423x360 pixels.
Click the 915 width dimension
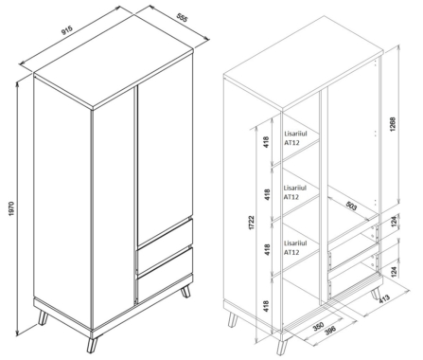tap(67, 30)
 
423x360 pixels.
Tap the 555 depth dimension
tap(182, 18)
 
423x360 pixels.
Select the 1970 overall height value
tap(11, 208)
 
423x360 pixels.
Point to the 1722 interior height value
tap(252, 223)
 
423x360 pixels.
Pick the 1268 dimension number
tap(393, 124)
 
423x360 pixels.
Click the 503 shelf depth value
tap(351, 206)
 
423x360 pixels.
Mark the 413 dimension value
tap(384, 298)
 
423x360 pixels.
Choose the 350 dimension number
tap(319, 326)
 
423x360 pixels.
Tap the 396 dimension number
tap(329, 330)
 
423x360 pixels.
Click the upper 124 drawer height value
tap(393, 221)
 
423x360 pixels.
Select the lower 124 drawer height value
tap(393, 271)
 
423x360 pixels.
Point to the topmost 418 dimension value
tap(266, 142)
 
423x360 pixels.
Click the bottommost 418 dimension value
tap(266, 306)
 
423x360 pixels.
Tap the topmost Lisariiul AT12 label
tap(295, 137)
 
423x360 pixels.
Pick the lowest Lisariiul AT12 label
tap(295, 247)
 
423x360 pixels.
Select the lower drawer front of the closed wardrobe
tap(165, 275)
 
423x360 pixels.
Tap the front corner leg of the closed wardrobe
tap(93, 344)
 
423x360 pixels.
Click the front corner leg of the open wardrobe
tap(281, 347)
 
